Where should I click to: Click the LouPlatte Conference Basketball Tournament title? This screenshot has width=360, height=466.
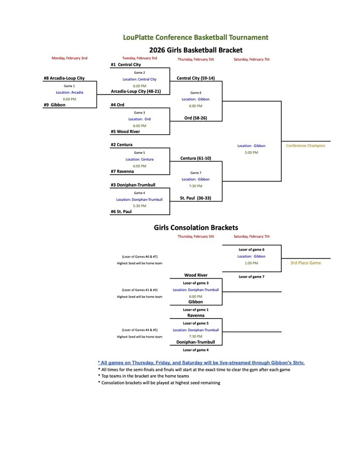coord(196,37)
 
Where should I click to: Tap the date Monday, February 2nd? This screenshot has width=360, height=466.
coord(69,58)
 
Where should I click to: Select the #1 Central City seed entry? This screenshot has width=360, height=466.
coord(126,65)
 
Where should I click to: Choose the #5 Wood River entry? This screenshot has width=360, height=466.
coord(125,132)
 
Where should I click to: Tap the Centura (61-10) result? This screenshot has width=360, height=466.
coord(195,158)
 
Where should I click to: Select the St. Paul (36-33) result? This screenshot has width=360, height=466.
coord(195,198)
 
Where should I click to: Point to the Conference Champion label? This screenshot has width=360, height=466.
coord(305,146)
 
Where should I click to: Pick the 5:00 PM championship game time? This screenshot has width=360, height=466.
coord(251,152)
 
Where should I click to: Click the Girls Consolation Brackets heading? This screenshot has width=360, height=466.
coord(196,228)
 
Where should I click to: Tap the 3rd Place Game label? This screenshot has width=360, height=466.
coord(305,263)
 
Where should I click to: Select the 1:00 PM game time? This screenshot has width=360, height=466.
coord(251,263)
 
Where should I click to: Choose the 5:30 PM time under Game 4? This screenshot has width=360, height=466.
coord(139,206)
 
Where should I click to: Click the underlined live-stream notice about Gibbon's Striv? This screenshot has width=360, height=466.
coord(201,363)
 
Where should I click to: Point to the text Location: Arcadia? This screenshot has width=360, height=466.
coord(70,92)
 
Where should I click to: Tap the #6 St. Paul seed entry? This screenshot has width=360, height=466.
coord(121,212)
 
